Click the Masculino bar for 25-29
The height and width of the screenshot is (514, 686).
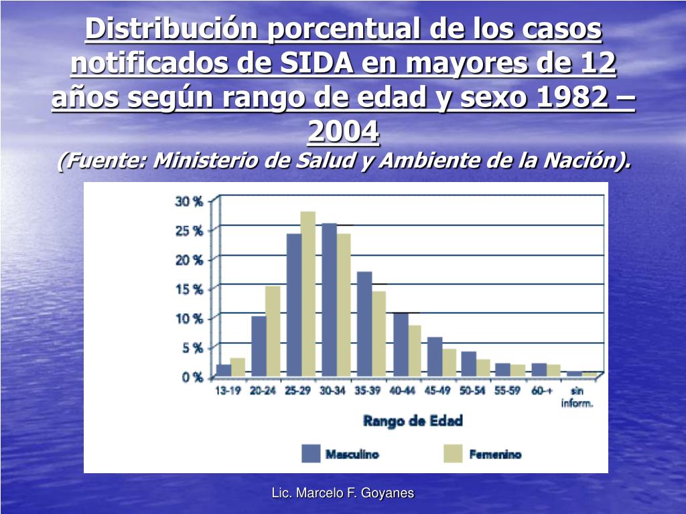tap(294, 305)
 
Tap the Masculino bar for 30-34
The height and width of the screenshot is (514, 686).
tap(329, 299)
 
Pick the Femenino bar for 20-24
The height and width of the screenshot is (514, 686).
tap(273, 331)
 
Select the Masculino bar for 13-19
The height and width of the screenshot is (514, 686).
tap(224, 369)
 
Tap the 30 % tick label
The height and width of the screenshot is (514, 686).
tap(189, 201)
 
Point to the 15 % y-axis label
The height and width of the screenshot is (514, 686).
tap(189, 289)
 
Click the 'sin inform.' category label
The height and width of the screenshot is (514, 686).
tap(576, 397)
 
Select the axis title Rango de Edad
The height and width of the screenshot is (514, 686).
tap(413, 421)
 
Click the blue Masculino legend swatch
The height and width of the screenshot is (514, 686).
tap(311, 454)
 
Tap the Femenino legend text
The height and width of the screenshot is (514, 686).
tap(495, 454)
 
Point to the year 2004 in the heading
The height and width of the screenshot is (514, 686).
tap(343, 132)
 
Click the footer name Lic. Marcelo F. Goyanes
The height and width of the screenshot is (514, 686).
tap(343, 493)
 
